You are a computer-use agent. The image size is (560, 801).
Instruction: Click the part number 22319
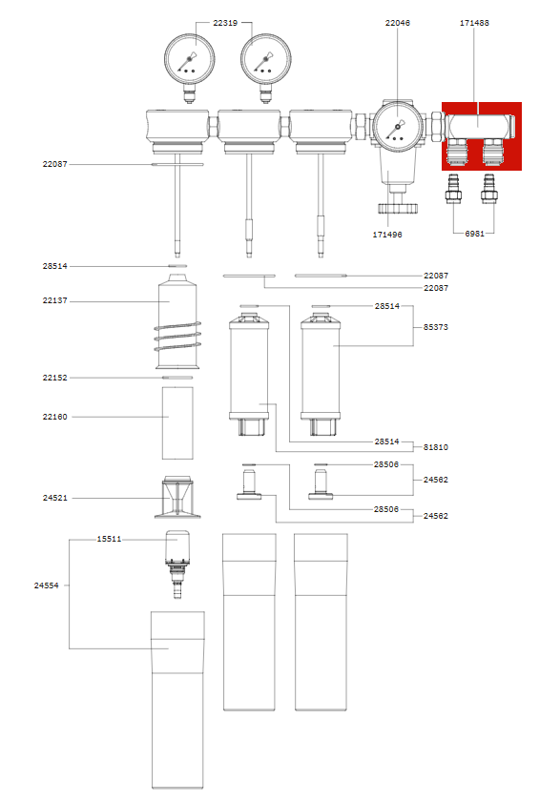(x=225, y=22)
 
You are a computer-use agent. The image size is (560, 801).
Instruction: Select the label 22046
(x=398, y=22)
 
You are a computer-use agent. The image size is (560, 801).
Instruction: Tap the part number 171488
(x=475, y=22)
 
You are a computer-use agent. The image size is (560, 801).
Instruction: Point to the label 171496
(x=386, y=234)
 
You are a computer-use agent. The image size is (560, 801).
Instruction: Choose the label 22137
(x=54, y=301)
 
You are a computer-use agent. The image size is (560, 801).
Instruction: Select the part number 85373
(x=436, y=326)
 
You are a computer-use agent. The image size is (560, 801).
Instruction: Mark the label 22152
(x=54, y=378)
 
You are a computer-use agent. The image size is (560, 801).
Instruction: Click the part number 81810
(x=436, y=446)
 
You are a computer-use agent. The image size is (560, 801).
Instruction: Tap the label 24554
(x=47, y=585)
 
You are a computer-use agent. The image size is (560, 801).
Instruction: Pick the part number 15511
(x=109, y=539)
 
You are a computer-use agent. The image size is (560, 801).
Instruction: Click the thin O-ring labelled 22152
(x=177, y=378)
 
